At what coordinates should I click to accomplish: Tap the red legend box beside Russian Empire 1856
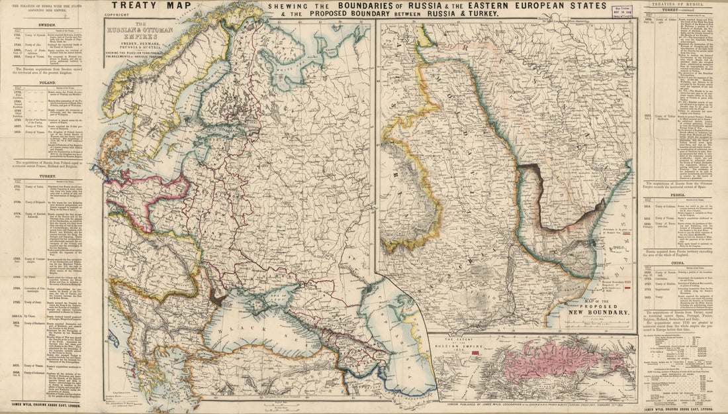(x=474, y=354)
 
